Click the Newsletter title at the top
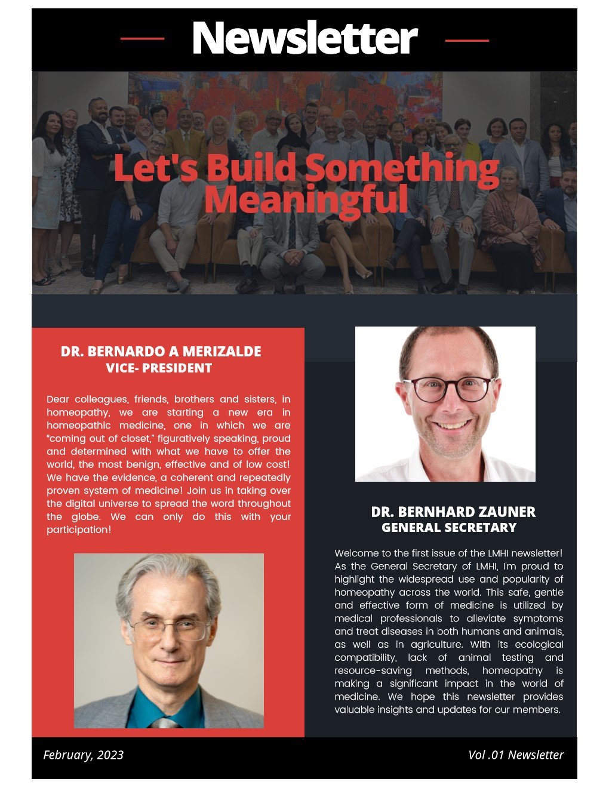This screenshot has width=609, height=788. [304, 38]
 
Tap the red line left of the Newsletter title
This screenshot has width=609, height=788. [142, 39]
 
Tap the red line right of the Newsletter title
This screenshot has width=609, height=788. [467, 41]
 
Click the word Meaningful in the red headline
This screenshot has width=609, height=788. [306, 199]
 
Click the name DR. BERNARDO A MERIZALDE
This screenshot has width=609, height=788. [161, 351]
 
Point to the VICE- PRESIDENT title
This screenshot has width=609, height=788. [159, 368]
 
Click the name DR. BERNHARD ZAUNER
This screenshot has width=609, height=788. [453, 512]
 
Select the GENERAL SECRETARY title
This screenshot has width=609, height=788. [449, 527]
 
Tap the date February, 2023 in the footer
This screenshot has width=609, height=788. [83, 755]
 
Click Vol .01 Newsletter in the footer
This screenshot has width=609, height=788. [516, 755]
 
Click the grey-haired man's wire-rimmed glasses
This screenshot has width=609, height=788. [169, 628]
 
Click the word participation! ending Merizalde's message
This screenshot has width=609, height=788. [79, 530]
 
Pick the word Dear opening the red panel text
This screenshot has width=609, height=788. [58, 399]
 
